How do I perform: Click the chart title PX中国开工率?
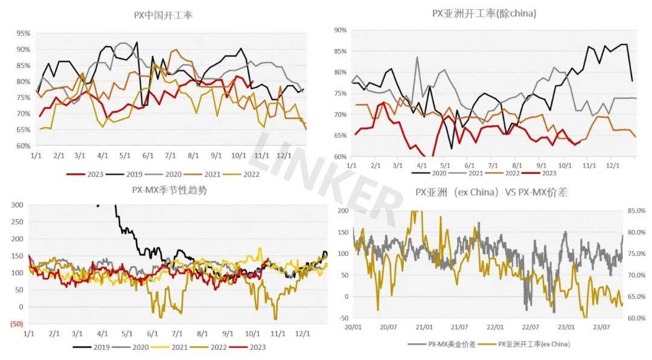click(x=163, y=15)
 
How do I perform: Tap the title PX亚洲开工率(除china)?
click(x=484, y=13)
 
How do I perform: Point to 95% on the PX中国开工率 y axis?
click(x=24, y=33)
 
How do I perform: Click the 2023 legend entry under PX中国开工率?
click(x=91, y=174)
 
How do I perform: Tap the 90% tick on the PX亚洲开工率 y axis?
click(x=339, y=30)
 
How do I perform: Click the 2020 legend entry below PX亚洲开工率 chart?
click(x=439, y=172)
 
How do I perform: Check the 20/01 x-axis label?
click(x=353, y=327)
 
